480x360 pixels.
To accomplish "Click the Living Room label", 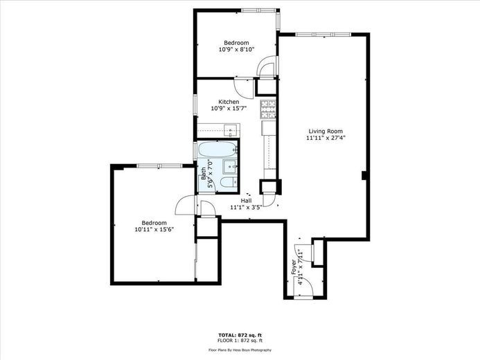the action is tap(326, 132).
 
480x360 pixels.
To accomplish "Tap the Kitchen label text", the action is tap(229, 102).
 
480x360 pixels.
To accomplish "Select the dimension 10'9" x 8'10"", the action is tap(237, 49).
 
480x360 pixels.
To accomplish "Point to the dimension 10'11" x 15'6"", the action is tap(154, 229).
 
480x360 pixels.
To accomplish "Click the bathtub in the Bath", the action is tap(218, 150).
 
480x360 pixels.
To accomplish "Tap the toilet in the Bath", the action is tap(229, 182).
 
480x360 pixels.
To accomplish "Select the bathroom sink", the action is tap(231, 166).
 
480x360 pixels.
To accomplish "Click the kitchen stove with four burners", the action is tap(268, 109).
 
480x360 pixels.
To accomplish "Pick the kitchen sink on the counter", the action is tap(231, 131).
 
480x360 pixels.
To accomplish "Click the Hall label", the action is tap(246, 201).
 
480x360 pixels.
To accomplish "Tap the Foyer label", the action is tap(294, 267).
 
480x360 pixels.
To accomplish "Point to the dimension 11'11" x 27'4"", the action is tap(326, 138).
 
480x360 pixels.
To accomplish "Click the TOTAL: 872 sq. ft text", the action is tap(240, 335).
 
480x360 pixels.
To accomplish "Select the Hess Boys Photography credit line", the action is tap(240, 350).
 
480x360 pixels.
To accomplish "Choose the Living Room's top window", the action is tap(323, 35).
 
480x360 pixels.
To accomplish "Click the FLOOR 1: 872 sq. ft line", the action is tap(240, 340).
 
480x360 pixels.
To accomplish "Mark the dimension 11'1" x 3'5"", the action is tap(246, 207).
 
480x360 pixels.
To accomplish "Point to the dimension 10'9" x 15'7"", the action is tap(229, 108).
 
